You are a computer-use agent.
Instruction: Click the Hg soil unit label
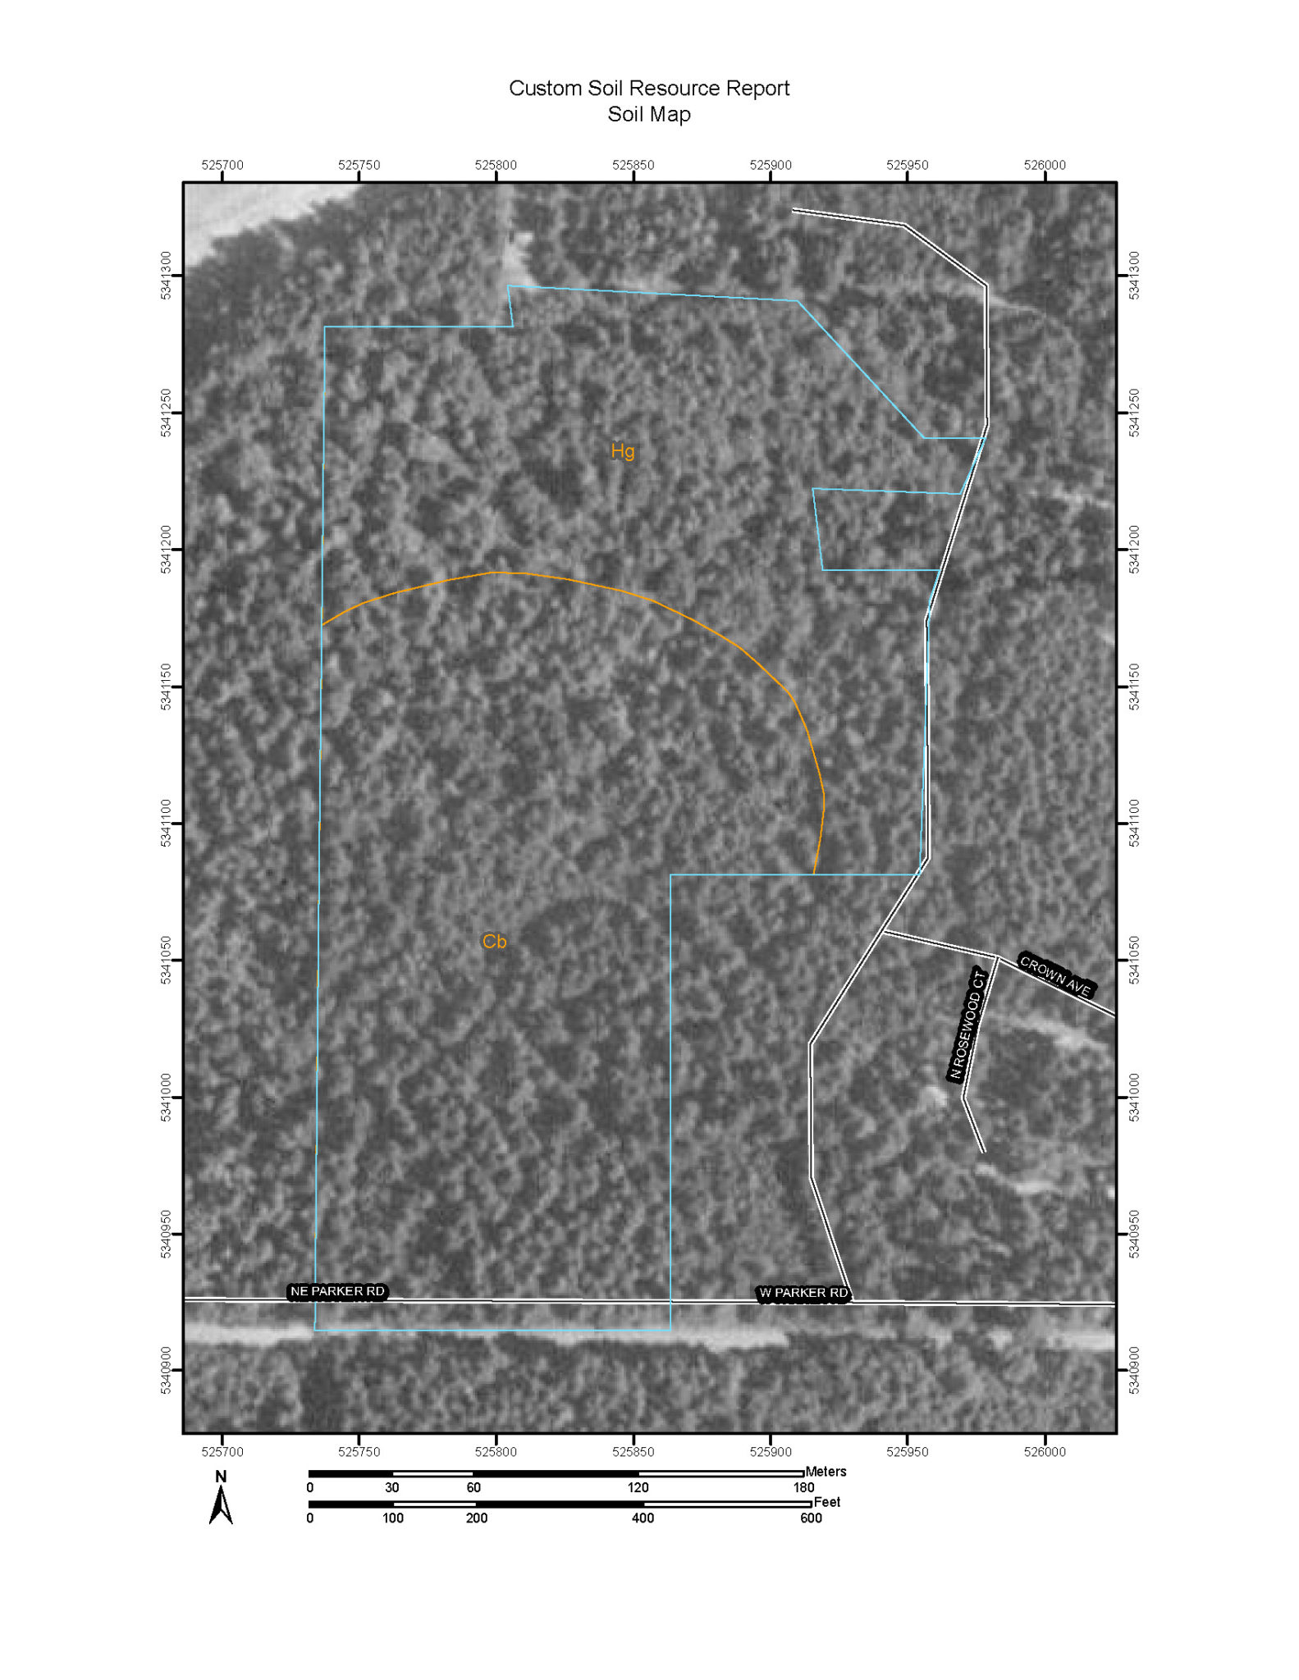(x=623, y=451)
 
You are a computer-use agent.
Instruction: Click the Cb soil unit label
(x=494, y=941)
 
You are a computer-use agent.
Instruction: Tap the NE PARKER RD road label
(x=337, y=1291)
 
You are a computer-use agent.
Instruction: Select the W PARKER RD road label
(x=803, y=1293)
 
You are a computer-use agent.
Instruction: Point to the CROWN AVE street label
(x=1055, y=975)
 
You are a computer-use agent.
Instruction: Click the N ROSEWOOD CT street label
(x=967, y=1025)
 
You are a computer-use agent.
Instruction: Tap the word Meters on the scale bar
(x=826, y=1472)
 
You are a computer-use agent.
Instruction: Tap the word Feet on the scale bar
(x=827, y=1502)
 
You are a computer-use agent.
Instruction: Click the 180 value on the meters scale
(x=803, y=1487)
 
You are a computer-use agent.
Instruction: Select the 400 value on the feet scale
(x=643, y=1518)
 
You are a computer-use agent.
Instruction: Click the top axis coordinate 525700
(x=222, y=165)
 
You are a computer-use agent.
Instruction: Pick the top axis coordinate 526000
(x=1045, y=165)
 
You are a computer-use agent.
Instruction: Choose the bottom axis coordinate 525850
(x=633, y=1451)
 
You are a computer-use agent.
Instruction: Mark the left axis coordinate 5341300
(x=167, y=276)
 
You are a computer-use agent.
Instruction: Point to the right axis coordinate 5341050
(x=1134, y=960)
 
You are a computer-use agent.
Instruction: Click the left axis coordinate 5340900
(x=167, y=1370)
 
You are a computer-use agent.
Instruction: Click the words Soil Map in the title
(x=649, y=114)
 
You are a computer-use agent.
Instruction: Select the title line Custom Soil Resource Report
(x=649, y=88)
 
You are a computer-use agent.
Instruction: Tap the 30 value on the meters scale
(x=392, y=1487)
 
